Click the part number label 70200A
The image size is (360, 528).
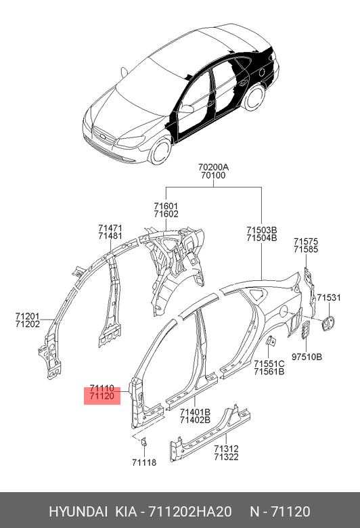pyautogui.click(x=213, y=167)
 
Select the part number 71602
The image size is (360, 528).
pyautogui.click(x=166, y=214)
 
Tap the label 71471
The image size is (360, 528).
pyautogui.click(x=110, y=228)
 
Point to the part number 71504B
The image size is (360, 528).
pyautogui.click(x=262, y=238)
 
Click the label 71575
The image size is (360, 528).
pyautogui.click(x=306, y=242)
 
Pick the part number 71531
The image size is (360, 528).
pyautogui.click(x=329, y=298)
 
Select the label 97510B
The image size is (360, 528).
pyautogui.click(x=307, y=357)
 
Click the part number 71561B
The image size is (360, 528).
pyautogui.click(x=269, y=372)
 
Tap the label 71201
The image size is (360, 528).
pyautogui.click(x=27, y=317)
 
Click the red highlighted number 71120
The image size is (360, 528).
pyautogui.click(x=102, y=396)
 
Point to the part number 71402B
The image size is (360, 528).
pyautogui.click(x=195, y=420)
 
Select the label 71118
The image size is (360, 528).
pyautogui.click(x=144, y=462)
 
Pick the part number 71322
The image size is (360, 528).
pyautogui.click(x=226, y=457)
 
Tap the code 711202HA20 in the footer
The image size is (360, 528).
pyautogui.click(x=190, y=512)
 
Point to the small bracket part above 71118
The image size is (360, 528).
pyautogui.click(x=144, y=442)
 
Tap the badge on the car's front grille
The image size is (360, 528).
pyautogui.click(x=102, y=136)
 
